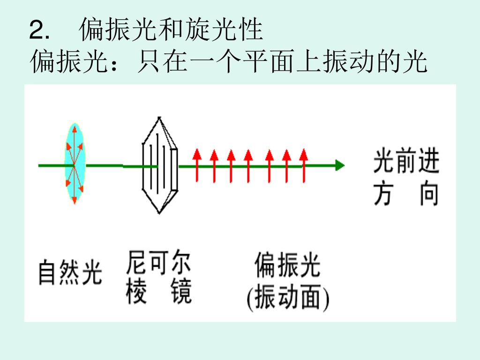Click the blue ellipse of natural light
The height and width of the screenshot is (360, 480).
74,164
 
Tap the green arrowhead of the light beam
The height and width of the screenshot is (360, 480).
340,165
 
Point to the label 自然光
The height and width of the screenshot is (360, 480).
70,272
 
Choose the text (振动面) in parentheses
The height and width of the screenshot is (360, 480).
288,298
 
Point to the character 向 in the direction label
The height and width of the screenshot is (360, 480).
428,194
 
